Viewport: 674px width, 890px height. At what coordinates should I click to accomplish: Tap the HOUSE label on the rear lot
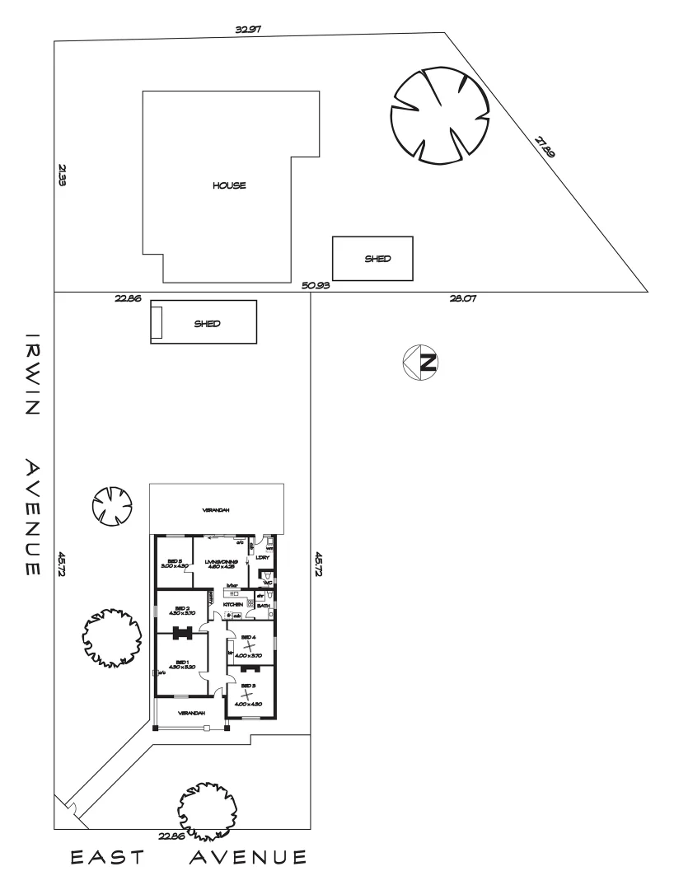(x=229, y=185)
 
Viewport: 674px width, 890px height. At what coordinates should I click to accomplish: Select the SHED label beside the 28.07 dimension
(x=377, y=258)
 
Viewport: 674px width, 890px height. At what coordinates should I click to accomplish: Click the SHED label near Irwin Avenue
(x=207, y=324)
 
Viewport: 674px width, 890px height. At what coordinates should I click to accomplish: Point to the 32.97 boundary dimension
(x=248, y=29)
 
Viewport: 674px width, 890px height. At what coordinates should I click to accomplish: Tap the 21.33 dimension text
(x=62, y=176)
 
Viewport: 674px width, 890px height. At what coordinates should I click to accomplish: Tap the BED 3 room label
(x=249, y=685)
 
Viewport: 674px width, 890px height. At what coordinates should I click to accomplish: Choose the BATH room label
(x=264, y=605)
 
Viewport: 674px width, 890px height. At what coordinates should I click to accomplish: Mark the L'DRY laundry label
(x=264, y=557)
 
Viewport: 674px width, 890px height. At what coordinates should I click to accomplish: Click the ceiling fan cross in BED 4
(x=250, y=646)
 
